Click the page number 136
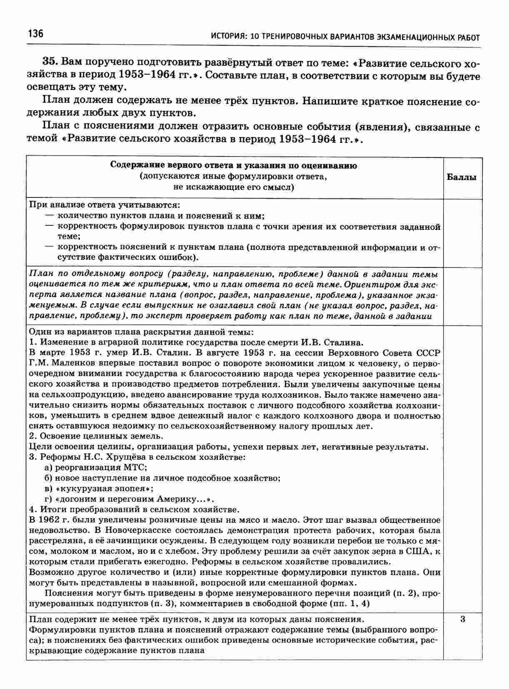[x=35, y=33]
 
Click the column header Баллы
[x=462, y=177]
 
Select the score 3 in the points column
[x=463, y=619]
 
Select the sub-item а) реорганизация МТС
[x=96, y=467]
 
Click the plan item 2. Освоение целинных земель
[x=97, y=436]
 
